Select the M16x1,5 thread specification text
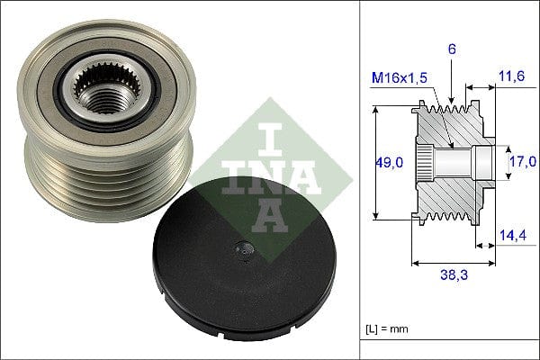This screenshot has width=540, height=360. (401, 77)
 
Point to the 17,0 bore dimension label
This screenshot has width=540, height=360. (523, 161)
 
